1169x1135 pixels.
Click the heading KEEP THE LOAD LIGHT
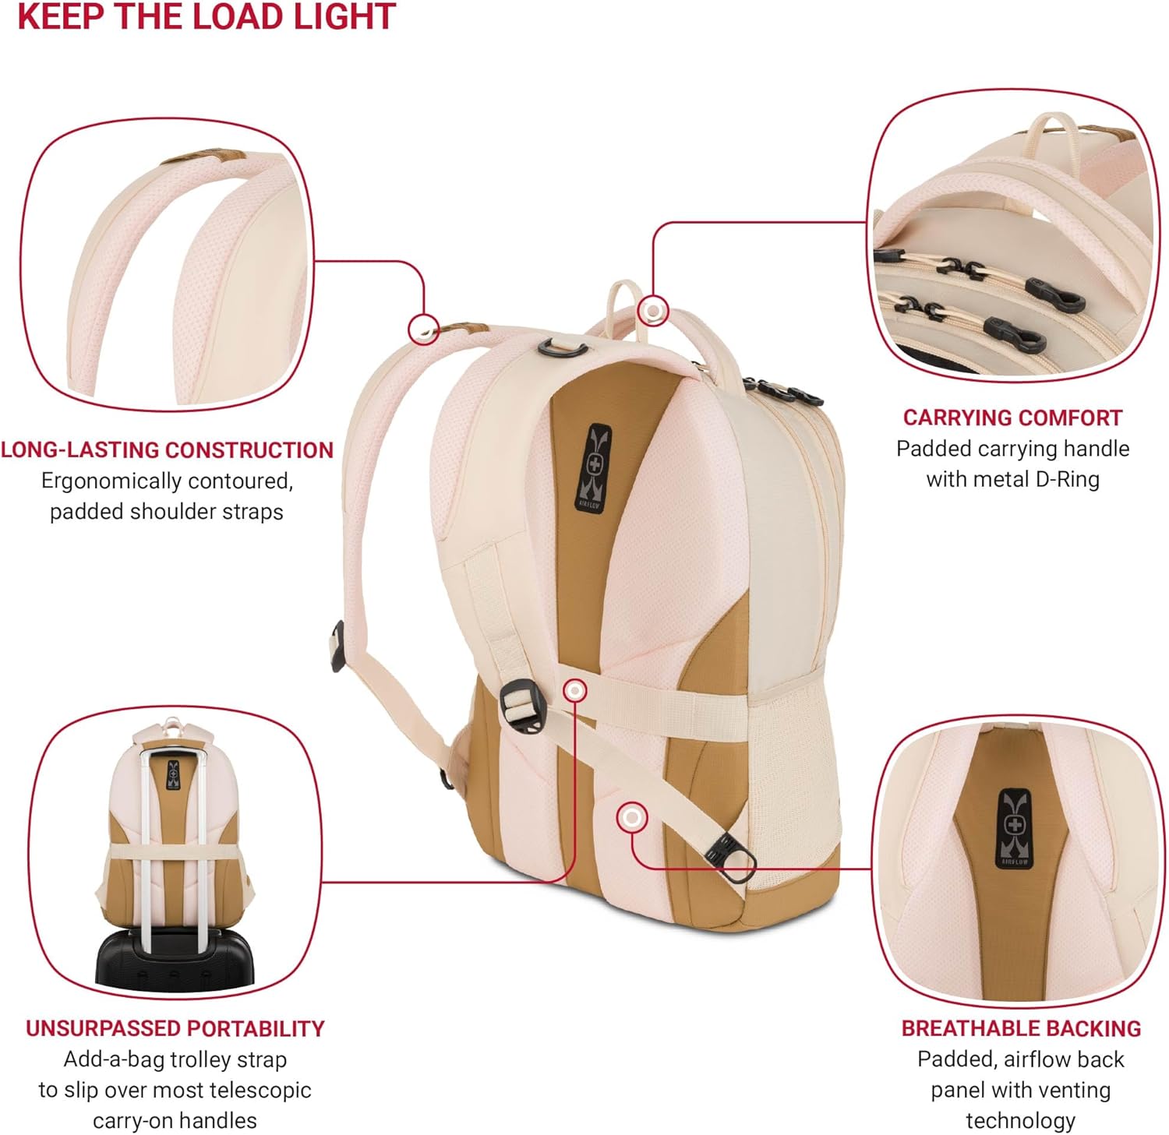pos(207,17)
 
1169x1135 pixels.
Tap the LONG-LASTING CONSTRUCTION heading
pos(167,450)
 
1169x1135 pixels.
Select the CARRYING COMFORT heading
pos(1012,418)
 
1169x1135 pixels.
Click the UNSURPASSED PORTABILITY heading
pos(175,1029)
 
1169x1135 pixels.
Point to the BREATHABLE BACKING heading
pos(1021,1029)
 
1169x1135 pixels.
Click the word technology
pos(1020,1121)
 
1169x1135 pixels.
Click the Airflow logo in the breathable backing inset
pos(1013,827)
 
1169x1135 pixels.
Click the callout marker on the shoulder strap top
pos(424,329)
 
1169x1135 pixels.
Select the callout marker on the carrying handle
pos(653,311)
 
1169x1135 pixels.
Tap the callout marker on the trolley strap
pos(575,690)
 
